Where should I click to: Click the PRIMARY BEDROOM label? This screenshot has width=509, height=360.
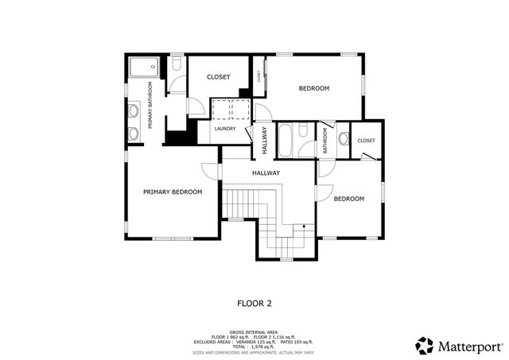click(x=173, y=192)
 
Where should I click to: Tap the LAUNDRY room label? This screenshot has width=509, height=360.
click(x=224, y=129)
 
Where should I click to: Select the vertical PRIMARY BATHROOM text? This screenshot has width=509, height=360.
click(x=150, y=105)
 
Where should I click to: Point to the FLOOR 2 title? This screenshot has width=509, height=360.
click(x=254, y=303)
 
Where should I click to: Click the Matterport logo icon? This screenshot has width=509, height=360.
click(x=425, y=346)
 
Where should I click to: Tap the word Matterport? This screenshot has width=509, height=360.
click(x=470, y=346)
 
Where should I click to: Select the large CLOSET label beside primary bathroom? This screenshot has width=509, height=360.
click(x=218, y=77)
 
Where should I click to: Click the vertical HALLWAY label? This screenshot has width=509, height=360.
click(x=265, y=141)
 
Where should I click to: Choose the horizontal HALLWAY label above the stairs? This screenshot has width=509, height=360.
click(x=266, y=172)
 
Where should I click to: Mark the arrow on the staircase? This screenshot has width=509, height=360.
click(x=302, y=227)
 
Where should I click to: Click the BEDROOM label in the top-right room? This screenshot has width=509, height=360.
click(x=313, y=88)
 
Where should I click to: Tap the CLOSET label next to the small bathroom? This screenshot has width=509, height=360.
click(x=366, y=141)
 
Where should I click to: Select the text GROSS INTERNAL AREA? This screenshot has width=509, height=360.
click(x=252, y=331)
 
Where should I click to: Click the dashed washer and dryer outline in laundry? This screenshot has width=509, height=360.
click(x=231, y=110)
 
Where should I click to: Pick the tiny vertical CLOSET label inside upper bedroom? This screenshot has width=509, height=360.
click(x=258, y=76)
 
